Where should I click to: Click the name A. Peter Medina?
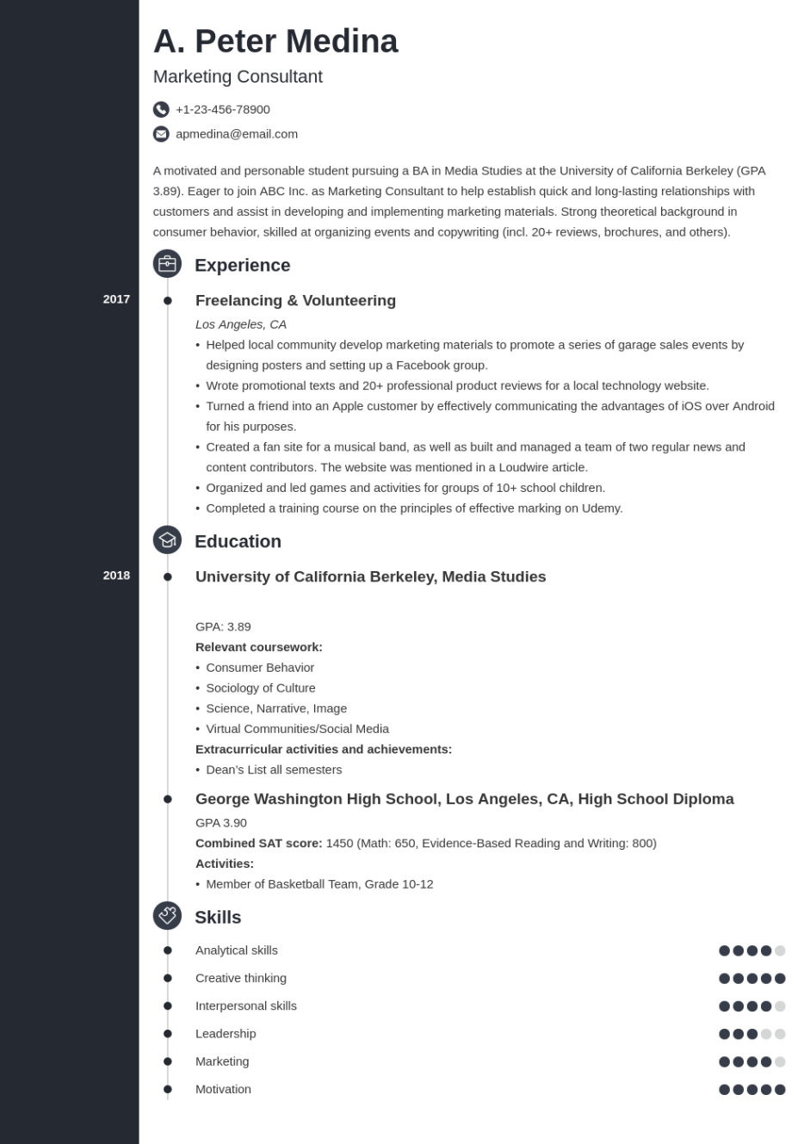point(275,41)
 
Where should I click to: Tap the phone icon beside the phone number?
point(161,109)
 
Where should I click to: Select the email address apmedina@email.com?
point(237,134)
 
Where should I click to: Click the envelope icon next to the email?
point(161,134)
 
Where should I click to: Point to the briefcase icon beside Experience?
point(167,264)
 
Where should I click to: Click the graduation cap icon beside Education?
point(167,540)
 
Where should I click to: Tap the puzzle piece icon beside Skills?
point(167,916)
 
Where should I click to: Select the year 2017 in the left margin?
point(116,299)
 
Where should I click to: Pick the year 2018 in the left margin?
point(116,575)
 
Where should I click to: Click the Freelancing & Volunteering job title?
point(295,300)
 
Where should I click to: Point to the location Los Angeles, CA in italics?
point(241,324)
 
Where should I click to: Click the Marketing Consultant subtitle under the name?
point(238,77)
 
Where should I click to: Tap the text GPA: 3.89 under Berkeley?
point(223,627)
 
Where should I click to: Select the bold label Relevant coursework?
point(259,647)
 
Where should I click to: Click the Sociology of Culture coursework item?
point(261,688)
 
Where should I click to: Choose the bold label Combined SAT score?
point(259,843)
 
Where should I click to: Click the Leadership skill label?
point(226,1034)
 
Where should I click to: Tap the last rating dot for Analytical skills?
point(780,950)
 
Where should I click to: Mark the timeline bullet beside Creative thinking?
point(168,978)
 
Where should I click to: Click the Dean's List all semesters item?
point(274,770)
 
